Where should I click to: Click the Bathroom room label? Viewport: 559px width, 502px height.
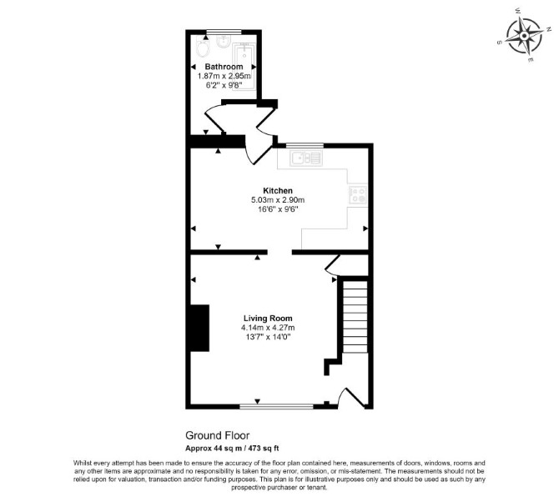224,67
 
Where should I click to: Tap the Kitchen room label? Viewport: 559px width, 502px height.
278,191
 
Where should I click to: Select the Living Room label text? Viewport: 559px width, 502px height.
268,319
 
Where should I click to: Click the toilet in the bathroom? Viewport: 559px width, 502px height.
203,48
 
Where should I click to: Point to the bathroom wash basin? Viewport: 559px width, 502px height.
224,42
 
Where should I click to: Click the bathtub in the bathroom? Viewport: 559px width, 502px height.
244,67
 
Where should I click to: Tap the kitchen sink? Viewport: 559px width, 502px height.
306,158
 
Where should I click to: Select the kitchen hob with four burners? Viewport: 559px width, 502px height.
358,194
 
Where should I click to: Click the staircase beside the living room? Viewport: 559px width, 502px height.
355,316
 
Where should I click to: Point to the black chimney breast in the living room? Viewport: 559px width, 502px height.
199,329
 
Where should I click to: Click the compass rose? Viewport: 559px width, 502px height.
524,37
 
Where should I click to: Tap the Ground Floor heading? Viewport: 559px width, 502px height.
218,435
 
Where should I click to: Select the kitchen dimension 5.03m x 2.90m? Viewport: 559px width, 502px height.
278,200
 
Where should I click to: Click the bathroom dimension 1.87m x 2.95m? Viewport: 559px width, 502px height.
224,76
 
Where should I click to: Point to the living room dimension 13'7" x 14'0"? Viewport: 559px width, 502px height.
268,337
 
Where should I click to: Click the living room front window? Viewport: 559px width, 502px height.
277,406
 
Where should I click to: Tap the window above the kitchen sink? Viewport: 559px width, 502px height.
305,145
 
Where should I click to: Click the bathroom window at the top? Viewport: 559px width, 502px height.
224,32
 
